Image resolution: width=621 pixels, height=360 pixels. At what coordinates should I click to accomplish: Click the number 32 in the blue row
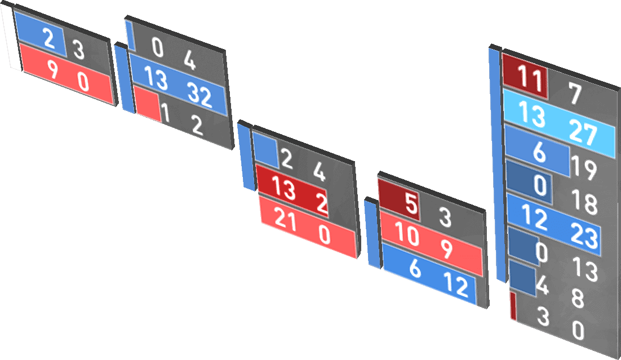(x=200, y=97)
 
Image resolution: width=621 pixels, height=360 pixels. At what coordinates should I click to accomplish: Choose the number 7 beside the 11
(x=575, y=94)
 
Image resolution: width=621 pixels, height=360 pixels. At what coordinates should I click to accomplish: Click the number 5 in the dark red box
(x=412, y=205)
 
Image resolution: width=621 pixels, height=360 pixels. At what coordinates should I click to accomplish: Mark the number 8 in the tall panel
(x=578, y=299)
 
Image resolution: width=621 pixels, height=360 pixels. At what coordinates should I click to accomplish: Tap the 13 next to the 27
(x=532, y=115)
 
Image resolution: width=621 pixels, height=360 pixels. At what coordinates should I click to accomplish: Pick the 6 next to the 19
(x=539, y=152)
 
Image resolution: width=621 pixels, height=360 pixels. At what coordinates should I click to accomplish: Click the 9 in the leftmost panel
(x=51, y=70)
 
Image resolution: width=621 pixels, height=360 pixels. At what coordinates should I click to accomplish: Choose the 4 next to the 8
(x=542, y=286)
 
